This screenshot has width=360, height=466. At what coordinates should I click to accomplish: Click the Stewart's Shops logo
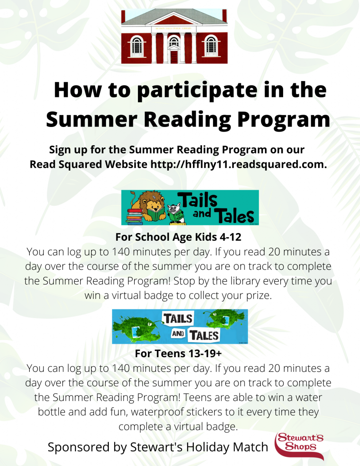299,446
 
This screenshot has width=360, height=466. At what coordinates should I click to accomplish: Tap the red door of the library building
174,57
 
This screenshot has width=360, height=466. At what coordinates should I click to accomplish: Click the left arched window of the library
137,46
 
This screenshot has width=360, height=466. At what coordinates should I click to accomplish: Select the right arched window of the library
211,46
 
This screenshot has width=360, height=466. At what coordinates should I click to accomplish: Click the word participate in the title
197,90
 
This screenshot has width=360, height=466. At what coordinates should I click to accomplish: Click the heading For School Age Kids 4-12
178,237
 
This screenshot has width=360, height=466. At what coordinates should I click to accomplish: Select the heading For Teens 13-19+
178,354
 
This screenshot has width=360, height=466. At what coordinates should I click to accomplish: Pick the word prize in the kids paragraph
259,296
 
